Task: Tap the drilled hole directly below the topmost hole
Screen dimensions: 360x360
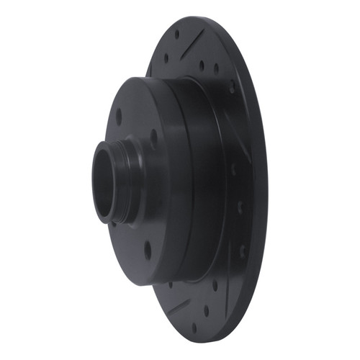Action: pyautogui.click(x=168, y=58)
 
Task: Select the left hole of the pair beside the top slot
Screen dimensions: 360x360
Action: pyautogui.click(x=201, y=66)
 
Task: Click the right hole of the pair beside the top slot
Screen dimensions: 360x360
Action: pyautogui.click(x=217, y=70)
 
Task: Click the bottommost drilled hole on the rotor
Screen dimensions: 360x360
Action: pyautogui.click(x=194, y=328)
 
